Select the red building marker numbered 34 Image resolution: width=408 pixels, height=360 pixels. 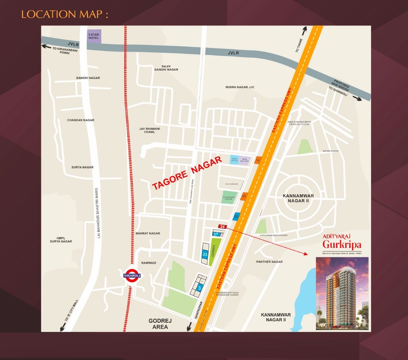tap(222, 226)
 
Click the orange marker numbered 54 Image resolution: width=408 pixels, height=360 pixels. tap(258, 160)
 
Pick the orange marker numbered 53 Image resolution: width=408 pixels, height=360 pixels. tap(244, 196)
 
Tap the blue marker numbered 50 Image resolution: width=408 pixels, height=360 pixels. tap(236, 216)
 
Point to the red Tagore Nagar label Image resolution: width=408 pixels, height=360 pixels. tap(187, 173)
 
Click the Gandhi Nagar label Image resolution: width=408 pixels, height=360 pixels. tap(88, 78)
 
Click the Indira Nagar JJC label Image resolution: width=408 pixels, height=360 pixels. tap(239, 87)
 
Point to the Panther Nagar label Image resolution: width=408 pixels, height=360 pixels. tap(269, 262)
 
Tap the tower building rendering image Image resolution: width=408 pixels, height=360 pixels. tap(342, 293)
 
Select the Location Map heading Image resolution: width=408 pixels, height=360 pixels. tap(64, 15)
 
